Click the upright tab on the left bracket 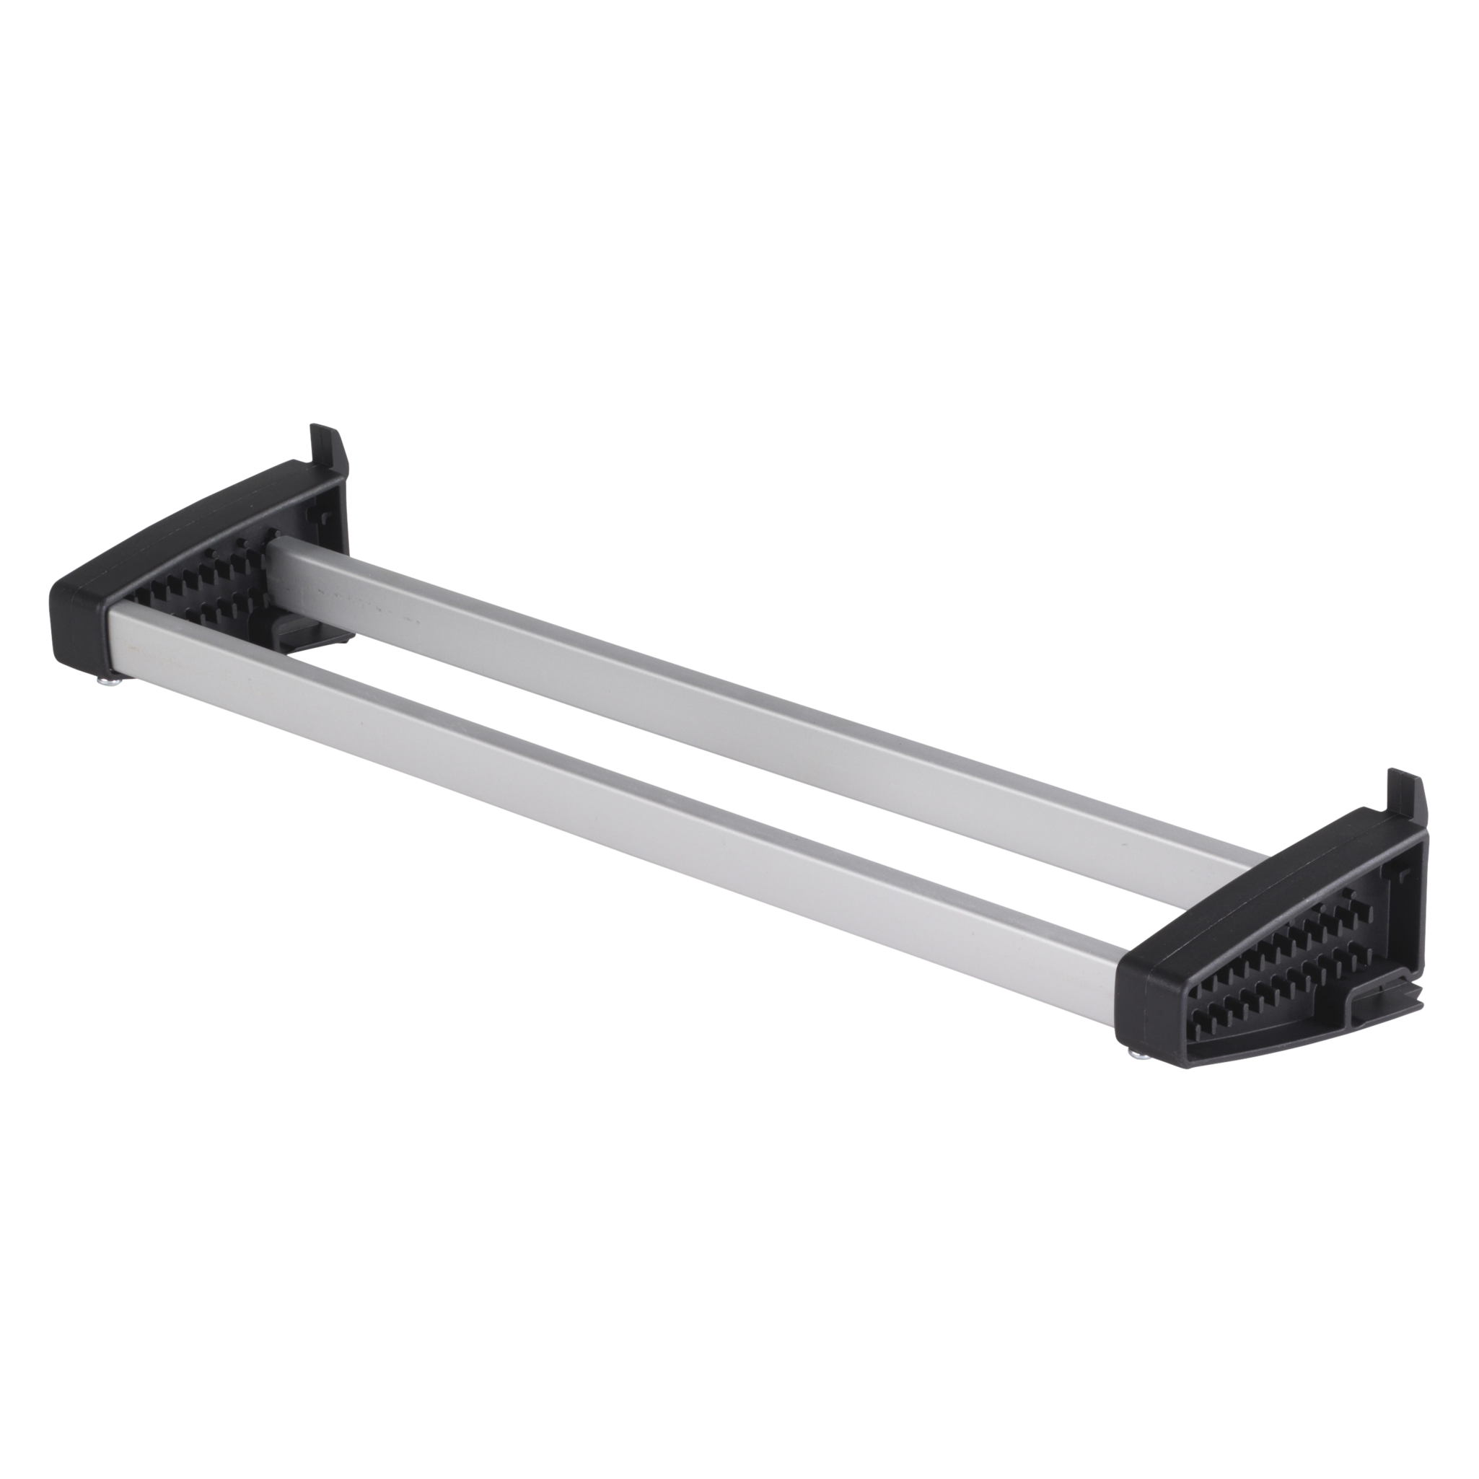click(x=327, y=446)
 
